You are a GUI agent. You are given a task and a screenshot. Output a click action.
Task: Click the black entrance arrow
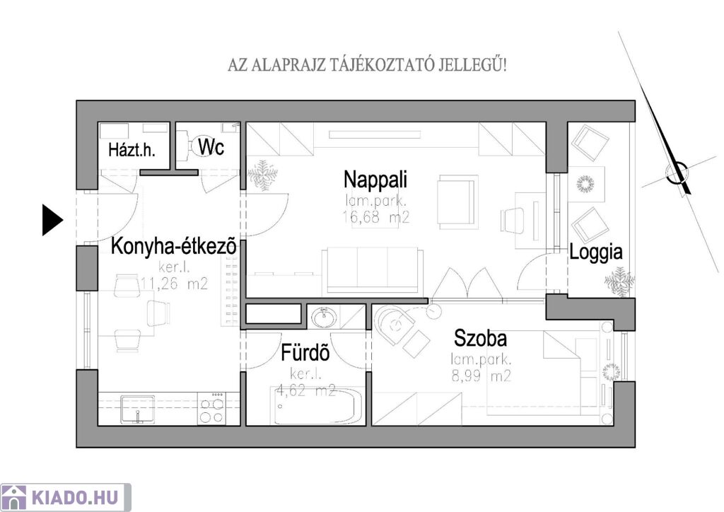tap(52, 220)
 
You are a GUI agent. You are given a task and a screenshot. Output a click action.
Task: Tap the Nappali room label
tap(375, 180)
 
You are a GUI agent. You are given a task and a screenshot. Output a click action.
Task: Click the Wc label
tap(211, 147)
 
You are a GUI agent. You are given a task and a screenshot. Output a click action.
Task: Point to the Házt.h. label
tap(132, 150)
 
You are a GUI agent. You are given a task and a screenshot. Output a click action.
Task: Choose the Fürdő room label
tap(305, 353)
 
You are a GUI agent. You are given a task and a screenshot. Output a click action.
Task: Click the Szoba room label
tap(480, 338)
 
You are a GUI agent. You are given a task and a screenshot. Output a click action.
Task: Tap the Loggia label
tap(595, 252)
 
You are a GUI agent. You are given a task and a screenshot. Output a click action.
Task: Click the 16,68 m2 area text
tap(376, 216)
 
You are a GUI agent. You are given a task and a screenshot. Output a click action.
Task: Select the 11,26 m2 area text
tap(174, 283)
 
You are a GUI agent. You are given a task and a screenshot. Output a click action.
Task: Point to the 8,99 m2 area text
tap(481, 376)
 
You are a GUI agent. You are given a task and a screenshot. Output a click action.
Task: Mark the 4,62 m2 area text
tap(305, 390)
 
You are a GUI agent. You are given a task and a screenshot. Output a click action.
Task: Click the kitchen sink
tap(138, 409)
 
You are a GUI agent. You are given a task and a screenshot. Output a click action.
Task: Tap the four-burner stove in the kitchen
tap(211, 408)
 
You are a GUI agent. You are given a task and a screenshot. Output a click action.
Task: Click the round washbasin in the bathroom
tap(324, 318)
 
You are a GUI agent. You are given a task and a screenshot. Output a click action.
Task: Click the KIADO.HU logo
tap(66, 497)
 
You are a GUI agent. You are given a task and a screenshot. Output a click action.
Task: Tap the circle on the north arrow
tap(676, 173)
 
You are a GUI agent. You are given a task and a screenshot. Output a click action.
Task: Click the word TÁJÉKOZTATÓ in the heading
tap(383, 65)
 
